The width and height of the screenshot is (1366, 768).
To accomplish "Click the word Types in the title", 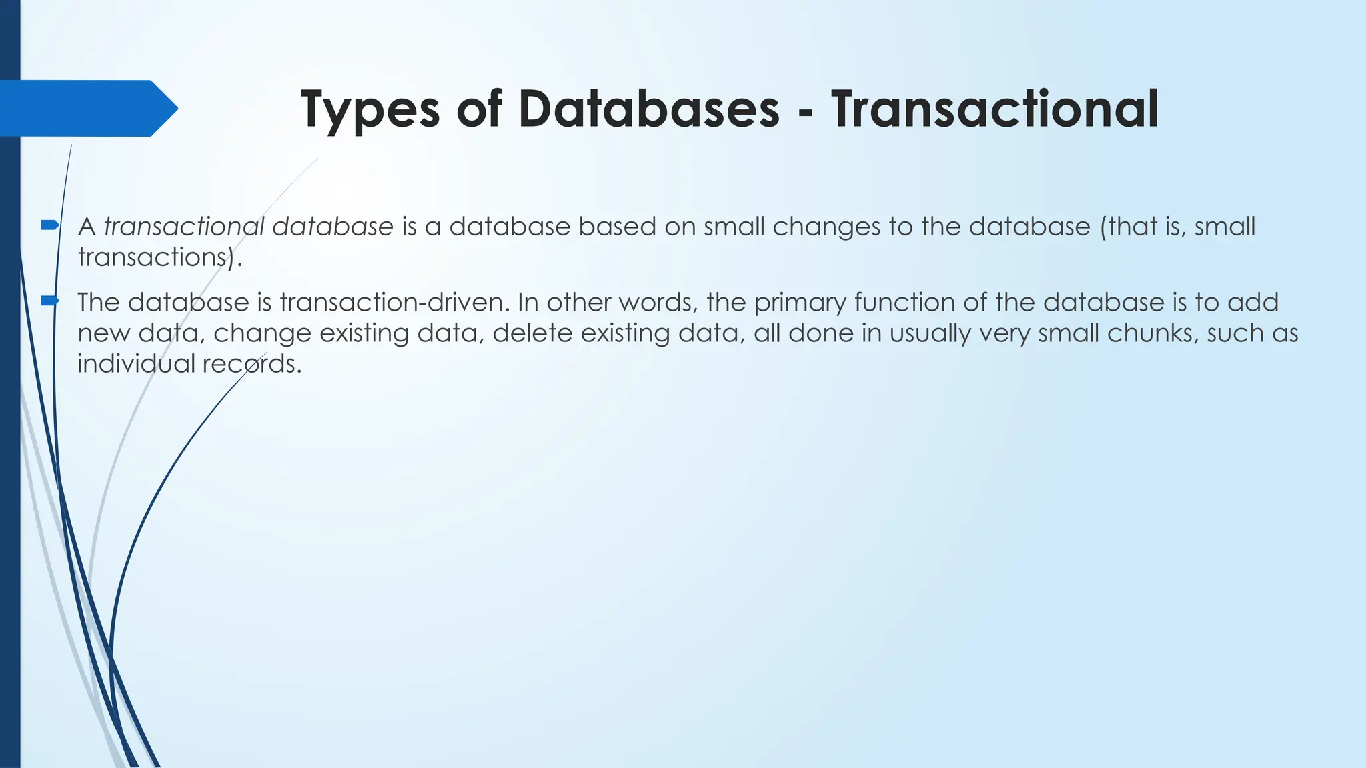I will pos(370,110).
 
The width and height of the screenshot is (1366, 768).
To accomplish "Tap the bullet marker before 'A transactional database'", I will pos(50,225).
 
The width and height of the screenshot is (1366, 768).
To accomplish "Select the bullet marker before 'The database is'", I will pos(50,301).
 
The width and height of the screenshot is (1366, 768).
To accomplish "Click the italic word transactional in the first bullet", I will pos(184,227).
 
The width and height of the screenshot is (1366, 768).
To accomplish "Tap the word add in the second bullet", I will pos(1253,303).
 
